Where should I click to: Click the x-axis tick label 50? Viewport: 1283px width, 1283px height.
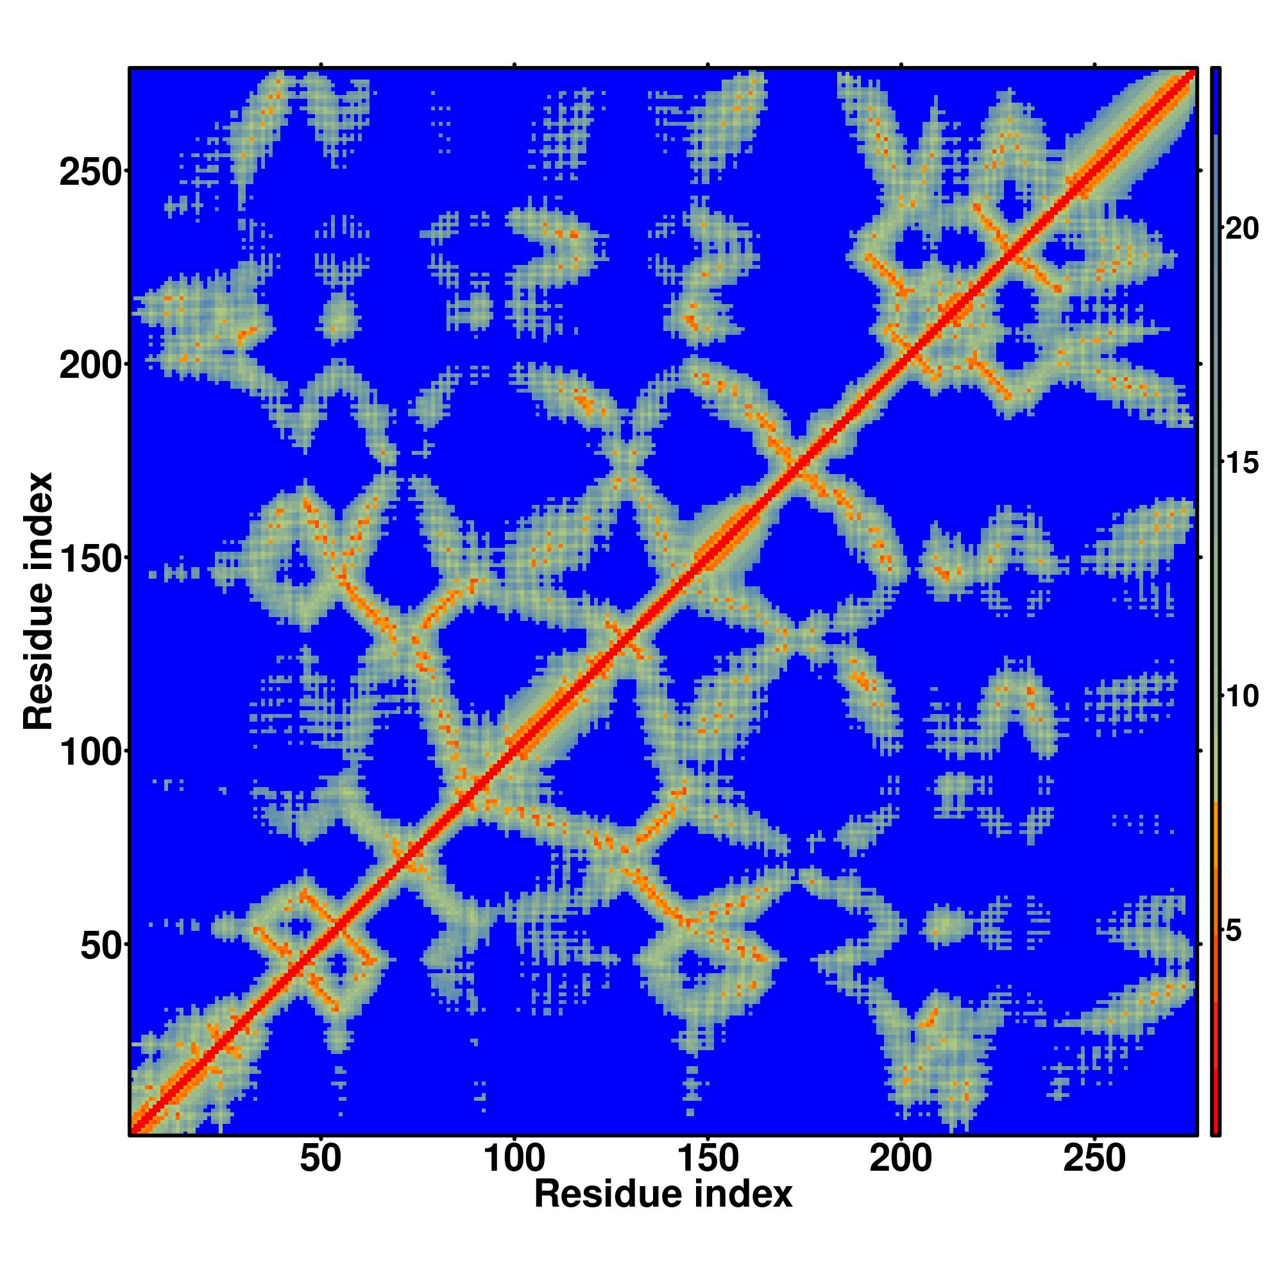pos(321,1159)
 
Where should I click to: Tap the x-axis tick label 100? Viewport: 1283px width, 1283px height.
pos(514,1159)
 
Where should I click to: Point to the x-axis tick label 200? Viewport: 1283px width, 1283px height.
pos(901,1159)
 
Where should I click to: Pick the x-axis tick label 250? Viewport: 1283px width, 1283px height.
pos(1094,1159)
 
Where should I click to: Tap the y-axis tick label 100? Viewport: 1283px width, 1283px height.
pos(92,752)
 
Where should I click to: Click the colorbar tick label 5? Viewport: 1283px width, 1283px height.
pos(1233,931)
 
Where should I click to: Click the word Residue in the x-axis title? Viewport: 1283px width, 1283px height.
pos(608,1194)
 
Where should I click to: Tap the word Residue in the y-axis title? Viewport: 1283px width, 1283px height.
pos(38,658)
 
